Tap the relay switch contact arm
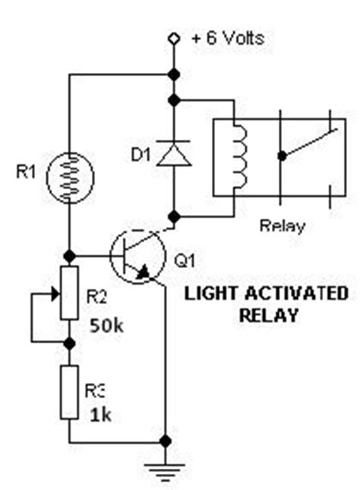click(x=308, y=144)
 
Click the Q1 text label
click(x=184, y=260)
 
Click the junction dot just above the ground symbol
click(x=165, y=441)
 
